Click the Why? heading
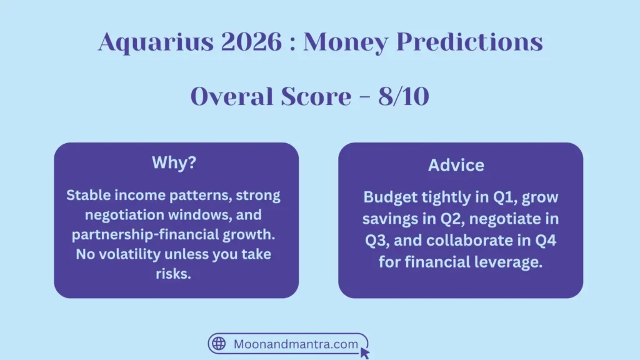point(176,163)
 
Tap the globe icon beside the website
point(219,344)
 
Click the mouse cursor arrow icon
point(365,352)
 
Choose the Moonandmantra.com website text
point(296,344)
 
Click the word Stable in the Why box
point(87,196)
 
